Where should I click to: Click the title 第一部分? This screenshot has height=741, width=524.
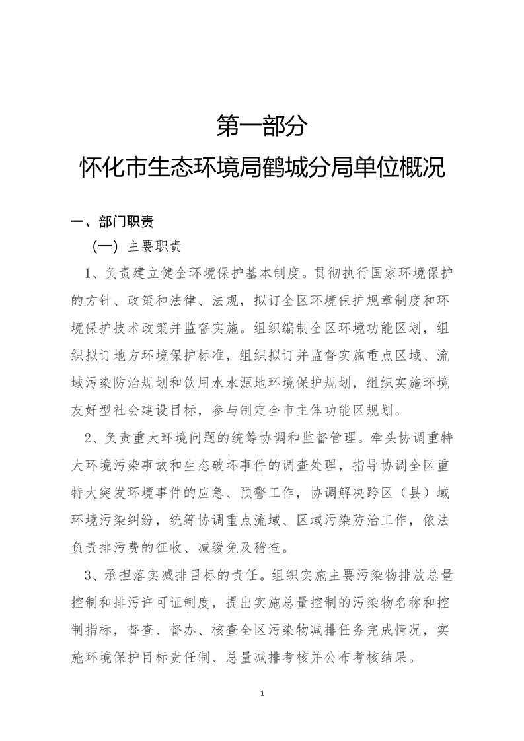[262, 126]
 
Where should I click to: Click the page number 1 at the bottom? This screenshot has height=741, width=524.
[262, 693]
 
